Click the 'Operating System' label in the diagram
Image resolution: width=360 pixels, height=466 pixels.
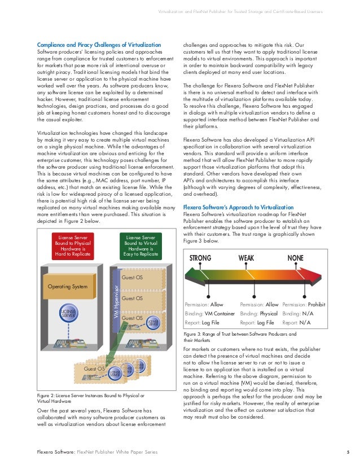[68, 287]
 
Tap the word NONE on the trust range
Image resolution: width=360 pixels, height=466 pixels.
[296, 258]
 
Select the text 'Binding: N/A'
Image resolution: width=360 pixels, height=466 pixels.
[297, 314]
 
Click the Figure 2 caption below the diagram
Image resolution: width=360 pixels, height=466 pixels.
[91, 398]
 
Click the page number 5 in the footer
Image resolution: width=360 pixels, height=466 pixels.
[348, 452]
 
